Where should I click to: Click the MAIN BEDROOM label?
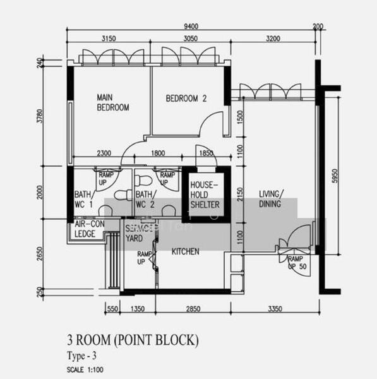coord(112,102)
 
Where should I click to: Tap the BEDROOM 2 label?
coord(186,99)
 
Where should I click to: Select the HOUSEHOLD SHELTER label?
coord(205,195)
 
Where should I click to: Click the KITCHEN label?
coord(186,251)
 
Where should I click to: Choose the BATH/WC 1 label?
coord(84,199)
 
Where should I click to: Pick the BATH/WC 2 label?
coord(145,199)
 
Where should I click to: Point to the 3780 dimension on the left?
coord(39,117)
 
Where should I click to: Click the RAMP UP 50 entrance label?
coord(296,263)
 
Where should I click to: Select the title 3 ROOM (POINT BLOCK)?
coord(133,341)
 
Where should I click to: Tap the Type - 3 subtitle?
coord(83,355)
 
